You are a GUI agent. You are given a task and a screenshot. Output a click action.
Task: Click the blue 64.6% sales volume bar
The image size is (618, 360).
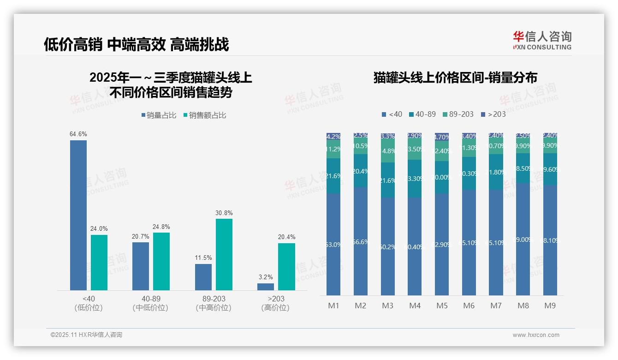[78, 215]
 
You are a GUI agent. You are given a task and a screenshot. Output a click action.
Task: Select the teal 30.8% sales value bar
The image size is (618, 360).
[224, 254]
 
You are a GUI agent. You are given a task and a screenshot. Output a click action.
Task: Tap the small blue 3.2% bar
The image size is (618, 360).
[266, 287]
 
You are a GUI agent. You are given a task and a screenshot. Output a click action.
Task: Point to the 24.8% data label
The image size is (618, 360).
[161, 227]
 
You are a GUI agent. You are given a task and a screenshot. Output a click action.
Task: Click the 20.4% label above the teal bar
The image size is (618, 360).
[286, 237]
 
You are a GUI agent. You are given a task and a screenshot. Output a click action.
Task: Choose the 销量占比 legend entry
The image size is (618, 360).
[159, 115]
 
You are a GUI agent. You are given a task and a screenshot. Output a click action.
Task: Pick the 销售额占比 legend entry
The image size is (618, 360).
[205, 115]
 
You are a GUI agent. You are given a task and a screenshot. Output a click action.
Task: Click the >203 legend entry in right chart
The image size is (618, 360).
[493, 114]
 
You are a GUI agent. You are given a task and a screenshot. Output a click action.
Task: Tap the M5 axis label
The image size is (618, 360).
[442, 306]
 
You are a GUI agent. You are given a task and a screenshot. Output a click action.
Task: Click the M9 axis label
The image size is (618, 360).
[550, 306]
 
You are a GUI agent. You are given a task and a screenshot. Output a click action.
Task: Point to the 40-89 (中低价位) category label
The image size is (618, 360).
[150, 303]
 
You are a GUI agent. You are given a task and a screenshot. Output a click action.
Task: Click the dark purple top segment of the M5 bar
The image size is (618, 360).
[442, 137]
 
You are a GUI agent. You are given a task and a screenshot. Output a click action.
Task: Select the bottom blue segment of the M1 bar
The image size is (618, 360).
[333, 244]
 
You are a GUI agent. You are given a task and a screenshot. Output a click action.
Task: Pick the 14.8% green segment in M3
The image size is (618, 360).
[388, 151]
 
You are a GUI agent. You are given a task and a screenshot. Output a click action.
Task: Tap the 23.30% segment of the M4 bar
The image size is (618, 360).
[415, 179]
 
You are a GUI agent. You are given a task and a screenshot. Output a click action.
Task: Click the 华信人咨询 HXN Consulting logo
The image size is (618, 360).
[542, 40]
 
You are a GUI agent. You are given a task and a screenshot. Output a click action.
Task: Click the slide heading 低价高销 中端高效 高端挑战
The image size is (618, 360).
[136, 44]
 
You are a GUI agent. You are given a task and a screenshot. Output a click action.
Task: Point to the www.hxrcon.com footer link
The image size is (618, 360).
[536, 335]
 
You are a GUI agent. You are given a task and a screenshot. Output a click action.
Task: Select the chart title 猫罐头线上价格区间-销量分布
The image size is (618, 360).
[455, 78]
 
